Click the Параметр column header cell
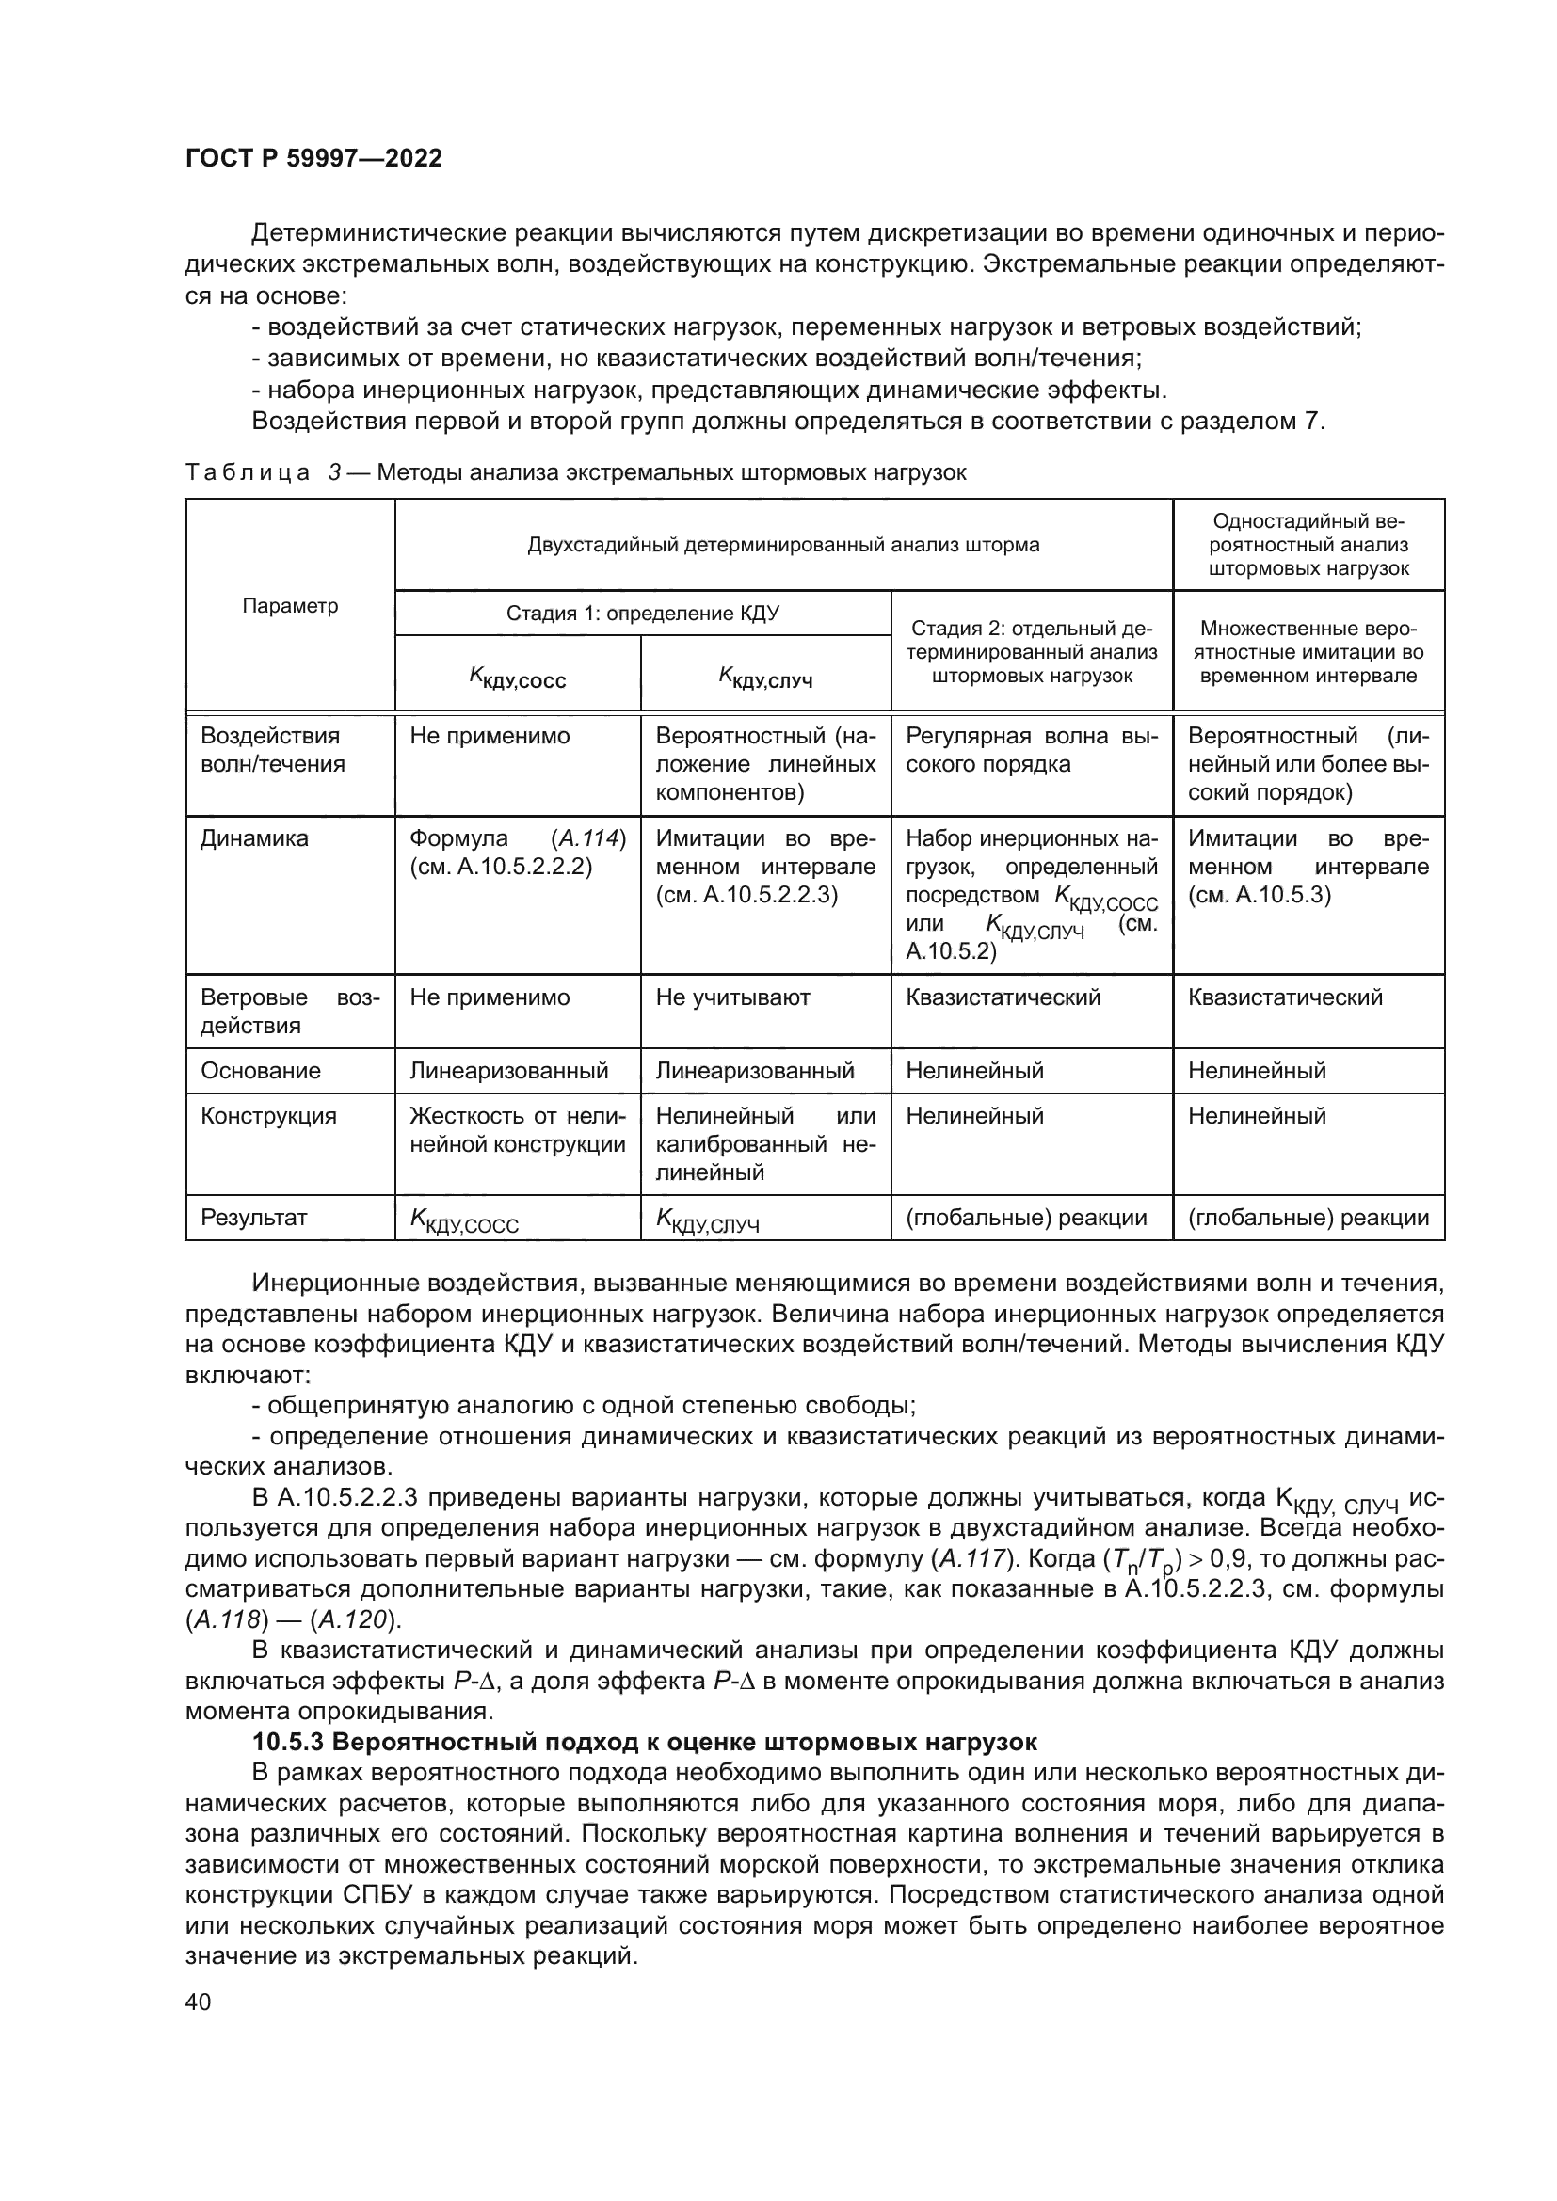pos(290,606)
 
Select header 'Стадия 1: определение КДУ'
pos(642,614)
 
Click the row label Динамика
pos(254,838)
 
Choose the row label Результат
pos(253,1218)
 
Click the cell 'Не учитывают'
pos(732,997)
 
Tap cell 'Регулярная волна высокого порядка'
pos(1031,751)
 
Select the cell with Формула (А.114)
pos(517,853)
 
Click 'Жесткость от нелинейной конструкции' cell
pos(517,1130)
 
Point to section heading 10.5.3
pos(643,1742)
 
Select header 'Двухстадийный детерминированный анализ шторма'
pos(782,546)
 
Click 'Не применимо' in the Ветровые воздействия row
pos(489,997)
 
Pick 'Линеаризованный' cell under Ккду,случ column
pos(755,1071)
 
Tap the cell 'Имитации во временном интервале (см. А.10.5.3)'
pos(1308,867)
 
